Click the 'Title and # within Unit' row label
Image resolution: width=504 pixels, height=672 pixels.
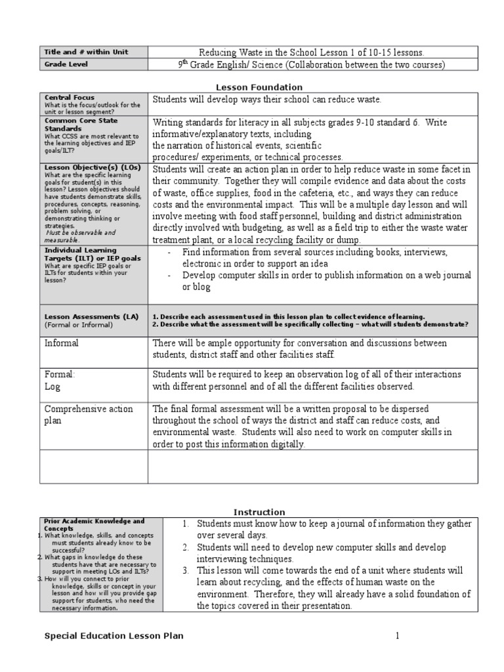(x=86, y=52)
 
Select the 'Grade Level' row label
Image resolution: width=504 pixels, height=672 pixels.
(x=66, y=64)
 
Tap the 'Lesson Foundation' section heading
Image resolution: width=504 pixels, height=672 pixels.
(x=260, y=87)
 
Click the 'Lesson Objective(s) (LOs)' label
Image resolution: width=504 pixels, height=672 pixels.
(x=91, y=167)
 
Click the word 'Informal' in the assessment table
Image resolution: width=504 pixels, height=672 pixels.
(x=61, y=343)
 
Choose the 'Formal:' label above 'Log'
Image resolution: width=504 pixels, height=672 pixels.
(x=60, y=374)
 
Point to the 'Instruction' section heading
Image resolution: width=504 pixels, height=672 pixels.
(x=260, y=512)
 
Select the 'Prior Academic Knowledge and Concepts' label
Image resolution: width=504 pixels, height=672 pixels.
(x=93, y=525)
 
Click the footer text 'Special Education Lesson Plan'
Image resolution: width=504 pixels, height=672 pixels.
(x=114, y=635)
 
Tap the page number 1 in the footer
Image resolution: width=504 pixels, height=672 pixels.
(x=396, y=635)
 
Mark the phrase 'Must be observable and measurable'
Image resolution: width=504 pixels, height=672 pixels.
(x=80, y=236)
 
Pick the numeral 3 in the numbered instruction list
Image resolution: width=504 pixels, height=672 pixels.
(x=186, y=570)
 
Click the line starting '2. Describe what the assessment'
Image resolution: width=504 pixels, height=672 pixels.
(x=310, y=324)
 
